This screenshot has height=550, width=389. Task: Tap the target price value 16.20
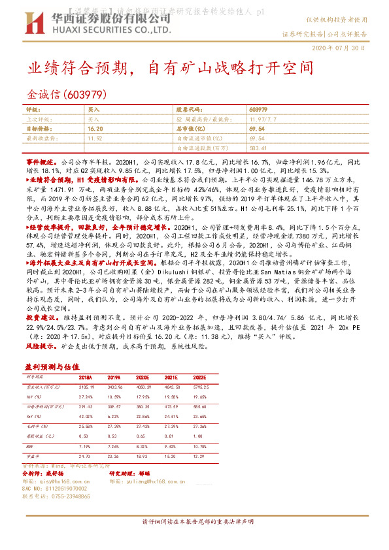coord(95,129)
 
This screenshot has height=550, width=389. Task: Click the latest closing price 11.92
coord(95,138)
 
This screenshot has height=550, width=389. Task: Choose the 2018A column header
coord(86,378)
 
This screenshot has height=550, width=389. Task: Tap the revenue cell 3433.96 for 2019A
coord(114,387)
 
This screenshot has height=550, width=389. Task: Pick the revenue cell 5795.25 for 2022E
coord(201,387)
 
